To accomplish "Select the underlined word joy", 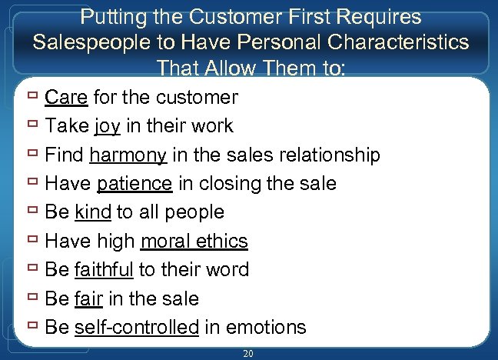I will [108, 126].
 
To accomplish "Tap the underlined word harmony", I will [128, 155].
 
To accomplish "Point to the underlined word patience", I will [134, 184].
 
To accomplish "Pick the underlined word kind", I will [93, 212].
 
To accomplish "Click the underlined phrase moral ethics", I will [194, 241].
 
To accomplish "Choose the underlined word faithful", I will [105, 270].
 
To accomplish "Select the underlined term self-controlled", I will [137, 327].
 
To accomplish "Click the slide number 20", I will [247, 352].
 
